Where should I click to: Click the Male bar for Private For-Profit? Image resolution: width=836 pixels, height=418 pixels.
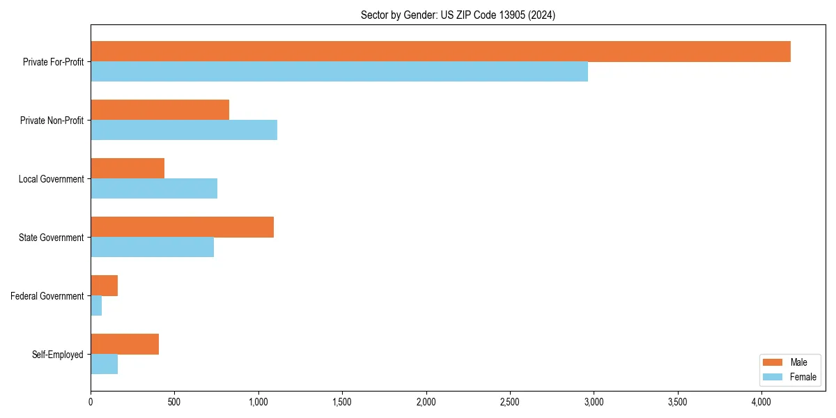pyautogui.click(x=440, y=52)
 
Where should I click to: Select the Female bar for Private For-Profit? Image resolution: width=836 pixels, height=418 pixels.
pyautogui.click(x=339, y=72)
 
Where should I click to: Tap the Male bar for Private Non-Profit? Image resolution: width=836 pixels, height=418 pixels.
pyautogui.click(x=160, y=110)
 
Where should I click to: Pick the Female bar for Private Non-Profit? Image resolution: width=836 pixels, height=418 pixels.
pyautogui.click(x=184, y=130)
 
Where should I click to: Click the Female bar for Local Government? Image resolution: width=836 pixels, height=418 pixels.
pyautogui.click(x=154, y=189)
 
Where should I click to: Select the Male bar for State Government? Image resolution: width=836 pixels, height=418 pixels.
pyautogui.click(x=182, y=227)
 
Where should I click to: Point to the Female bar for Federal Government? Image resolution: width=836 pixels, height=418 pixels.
pyautogui.click(x=96, y=306)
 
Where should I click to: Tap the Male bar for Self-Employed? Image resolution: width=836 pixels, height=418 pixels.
pyautogui.click(x=125, y=344)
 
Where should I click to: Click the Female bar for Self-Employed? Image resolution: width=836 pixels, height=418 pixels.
pyautogui.click(x=104, y=364)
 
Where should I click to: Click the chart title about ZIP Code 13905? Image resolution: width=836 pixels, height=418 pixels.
pyautogui.click(x=458, y=15)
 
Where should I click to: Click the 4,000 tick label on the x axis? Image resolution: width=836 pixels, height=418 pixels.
pyautogui.click(x=761, y=402)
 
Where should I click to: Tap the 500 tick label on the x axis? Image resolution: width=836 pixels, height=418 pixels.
pyautogui.click(x=174, y=402)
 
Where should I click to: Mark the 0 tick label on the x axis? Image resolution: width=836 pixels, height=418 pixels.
pyautogui.click(x=91, y=402)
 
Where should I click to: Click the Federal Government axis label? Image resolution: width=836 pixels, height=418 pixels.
pyautogui.click(x=47, y=296)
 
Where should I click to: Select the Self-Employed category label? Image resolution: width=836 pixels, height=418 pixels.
pyautogui.click(x=58, y=355)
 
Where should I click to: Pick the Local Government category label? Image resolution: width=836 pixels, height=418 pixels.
pyautogui.click(x=52, y=179)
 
